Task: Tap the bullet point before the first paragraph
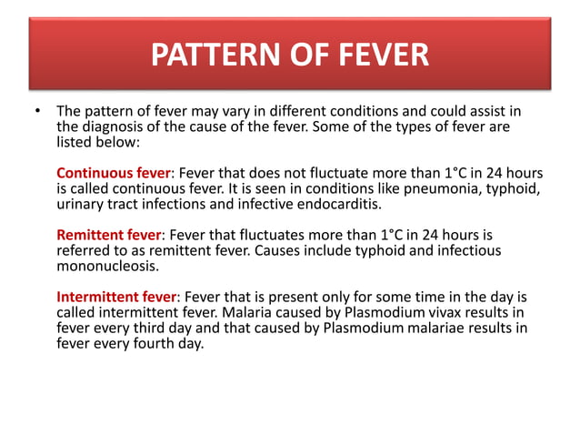click(x=36, y=114)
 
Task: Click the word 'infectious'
click(x=467, y=251)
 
